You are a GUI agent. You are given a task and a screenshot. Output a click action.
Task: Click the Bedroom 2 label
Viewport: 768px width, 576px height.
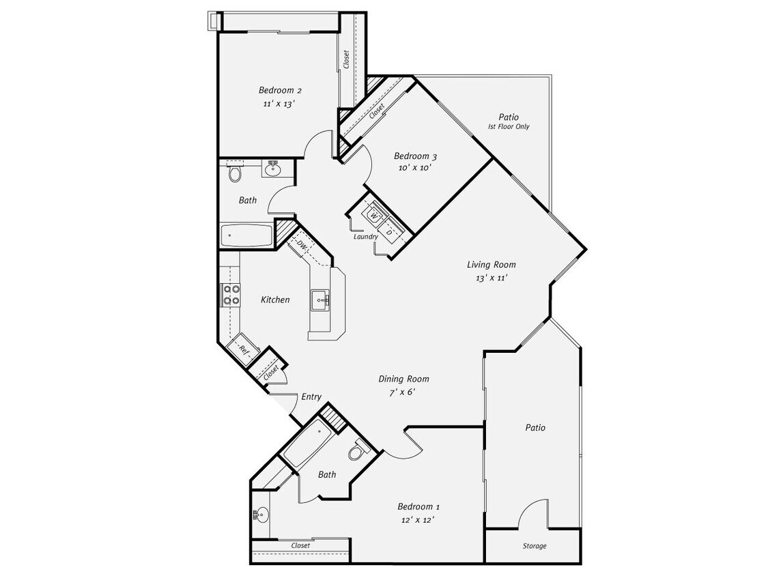(x=280, y=90)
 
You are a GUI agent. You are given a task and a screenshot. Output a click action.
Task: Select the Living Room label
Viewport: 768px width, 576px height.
(x=491, y=265)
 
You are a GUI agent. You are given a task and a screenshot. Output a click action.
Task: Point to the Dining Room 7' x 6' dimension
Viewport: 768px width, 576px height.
(x=403, y=392)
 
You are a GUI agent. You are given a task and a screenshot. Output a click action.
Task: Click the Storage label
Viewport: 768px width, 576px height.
(x=535, y=546)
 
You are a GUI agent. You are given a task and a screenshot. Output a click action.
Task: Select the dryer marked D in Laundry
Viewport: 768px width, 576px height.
(x=390, y=232)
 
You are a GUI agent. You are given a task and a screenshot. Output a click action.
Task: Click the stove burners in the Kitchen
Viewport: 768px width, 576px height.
(x=231, y=294)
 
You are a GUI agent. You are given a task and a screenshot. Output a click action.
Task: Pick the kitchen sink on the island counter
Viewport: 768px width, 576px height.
(x=321, y=299)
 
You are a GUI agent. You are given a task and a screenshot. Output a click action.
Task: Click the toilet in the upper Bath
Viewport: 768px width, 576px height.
(x=236, y=173)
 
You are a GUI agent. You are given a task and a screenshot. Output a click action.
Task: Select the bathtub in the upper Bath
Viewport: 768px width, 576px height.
(x=246, y=235)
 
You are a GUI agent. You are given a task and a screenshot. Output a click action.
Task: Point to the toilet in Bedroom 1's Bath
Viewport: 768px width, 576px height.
(x=358, y=451)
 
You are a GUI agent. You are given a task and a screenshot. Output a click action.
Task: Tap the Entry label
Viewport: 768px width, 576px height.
(x=311, y=397)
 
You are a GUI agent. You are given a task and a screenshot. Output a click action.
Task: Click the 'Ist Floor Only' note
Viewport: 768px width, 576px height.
(x=509, y=127)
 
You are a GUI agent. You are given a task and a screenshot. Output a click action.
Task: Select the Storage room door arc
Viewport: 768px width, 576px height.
(x=533, y=513)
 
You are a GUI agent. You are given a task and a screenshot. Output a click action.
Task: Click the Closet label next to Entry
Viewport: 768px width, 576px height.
(x=270, y=373)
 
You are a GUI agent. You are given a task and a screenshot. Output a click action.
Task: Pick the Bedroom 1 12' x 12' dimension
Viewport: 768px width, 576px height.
(x=418, y=519)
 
